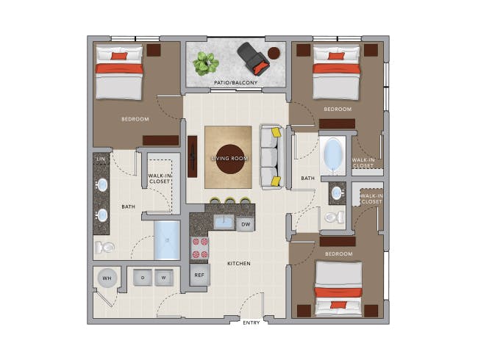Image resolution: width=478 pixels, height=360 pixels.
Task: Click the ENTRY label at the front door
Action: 252,323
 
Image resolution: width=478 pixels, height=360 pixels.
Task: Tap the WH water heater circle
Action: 107,278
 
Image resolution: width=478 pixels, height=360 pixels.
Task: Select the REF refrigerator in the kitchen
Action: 200,275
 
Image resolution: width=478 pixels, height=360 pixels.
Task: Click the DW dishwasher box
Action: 246,224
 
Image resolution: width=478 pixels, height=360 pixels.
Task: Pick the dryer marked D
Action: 143,278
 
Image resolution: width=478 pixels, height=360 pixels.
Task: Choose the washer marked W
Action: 164,278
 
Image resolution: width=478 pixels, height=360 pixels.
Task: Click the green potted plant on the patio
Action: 206,63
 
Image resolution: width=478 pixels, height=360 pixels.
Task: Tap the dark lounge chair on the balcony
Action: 254,58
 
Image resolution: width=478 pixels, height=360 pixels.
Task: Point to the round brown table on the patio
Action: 274,54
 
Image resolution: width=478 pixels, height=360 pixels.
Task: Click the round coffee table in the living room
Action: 230,159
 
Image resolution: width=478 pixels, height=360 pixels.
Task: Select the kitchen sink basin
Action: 224,223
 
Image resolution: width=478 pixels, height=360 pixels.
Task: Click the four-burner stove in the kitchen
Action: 200,248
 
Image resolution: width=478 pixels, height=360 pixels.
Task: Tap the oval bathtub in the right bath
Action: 333,156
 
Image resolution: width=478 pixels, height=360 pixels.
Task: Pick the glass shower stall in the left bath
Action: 167,240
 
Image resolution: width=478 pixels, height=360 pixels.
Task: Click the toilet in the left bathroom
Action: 104,247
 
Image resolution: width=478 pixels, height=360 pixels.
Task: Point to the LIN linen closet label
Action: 101,159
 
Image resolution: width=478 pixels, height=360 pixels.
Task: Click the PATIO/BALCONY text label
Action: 235,82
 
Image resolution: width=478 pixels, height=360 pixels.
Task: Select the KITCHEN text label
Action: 239,264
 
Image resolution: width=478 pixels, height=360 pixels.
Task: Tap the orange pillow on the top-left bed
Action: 119,56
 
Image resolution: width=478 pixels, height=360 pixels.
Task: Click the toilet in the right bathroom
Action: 334,217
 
